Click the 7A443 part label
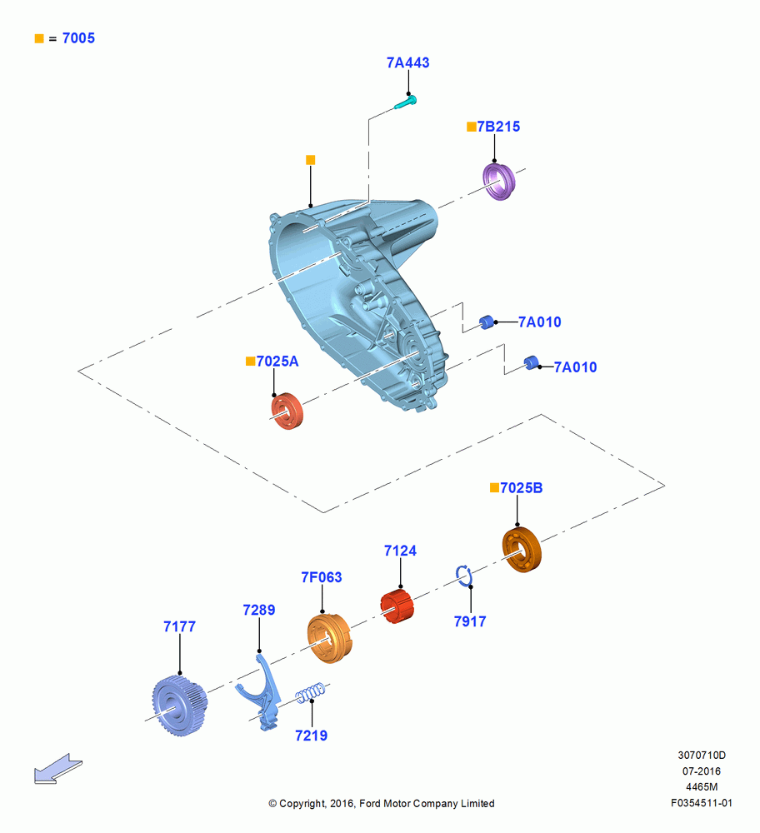point(407,62)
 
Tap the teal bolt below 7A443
point(406,102)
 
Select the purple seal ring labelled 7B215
point(499,182)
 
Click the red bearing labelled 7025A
point(287,411)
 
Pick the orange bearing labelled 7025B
point(522,549)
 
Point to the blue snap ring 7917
point(463,576)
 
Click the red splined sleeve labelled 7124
point(397,606)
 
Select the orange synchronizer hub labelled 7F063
point(329,637)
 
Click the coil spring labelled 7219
point(311,693)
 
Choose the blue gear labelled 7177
point(179,706)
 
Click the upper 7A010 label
point(539,322)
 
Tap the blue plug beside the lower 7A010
point(531,363)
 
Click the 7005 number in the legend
point(78,38)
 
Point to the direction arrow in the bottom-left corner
point(58,769)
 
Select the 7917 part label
point(470,621)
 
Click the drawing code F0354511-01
point(702,803)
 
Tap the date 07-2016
point(702,771)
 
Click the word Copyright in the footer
point(302,804)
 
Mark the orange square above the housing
point(310,160)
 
